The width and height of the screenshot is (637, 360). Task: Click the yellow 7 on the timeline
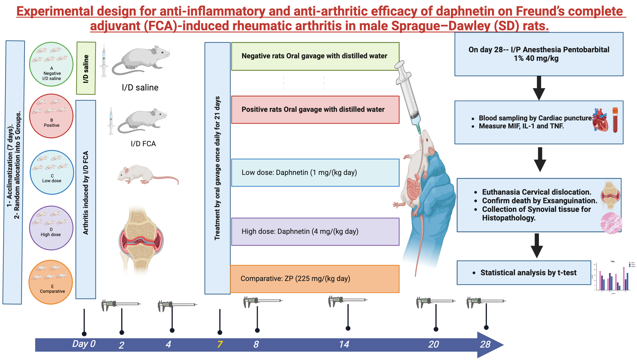click(x=220, y=344)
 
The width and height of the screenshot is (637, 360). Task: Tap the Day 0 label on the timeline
click(x=84, y=344)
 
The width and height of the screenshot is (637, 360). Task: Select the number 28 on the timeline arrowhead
click(x=485, y=344)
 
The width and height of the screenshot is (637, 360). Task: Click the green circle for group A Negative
click(x=51, y=64)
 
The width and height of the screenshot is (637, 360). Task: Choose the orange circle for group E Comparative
click(x=51, y=282)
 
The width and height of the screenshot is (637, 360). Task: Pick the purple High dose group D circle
click(x=51, y=228)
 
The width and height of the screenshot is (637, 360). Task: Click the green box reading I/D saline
click(x=86, y=68)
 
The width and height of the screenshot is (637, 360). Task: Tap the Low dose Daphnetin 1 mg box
click(x=315, y=173)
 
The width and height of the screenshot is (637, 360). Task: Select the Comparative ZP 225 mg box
click(x=315, y=279)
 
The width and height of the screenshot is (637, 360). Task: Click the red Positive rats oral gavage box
click(x=315, y=110)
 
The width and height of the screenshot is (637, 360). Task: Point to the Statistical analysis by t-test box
click(x=524, y=273)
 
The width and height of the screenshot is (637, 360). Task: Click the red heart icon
click(x=600, y=120)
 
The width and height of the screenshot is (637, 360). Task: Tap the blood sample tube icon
click(x=615, y=120)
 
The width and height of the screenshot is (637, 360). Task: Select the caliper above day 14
click(x=347, y=300)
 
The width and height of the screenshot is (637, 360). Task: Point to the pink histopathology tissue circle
click(x=611, y=223)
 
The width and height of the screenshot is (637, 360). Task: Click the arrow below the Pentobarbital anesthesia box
click(x=539, y=88)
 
